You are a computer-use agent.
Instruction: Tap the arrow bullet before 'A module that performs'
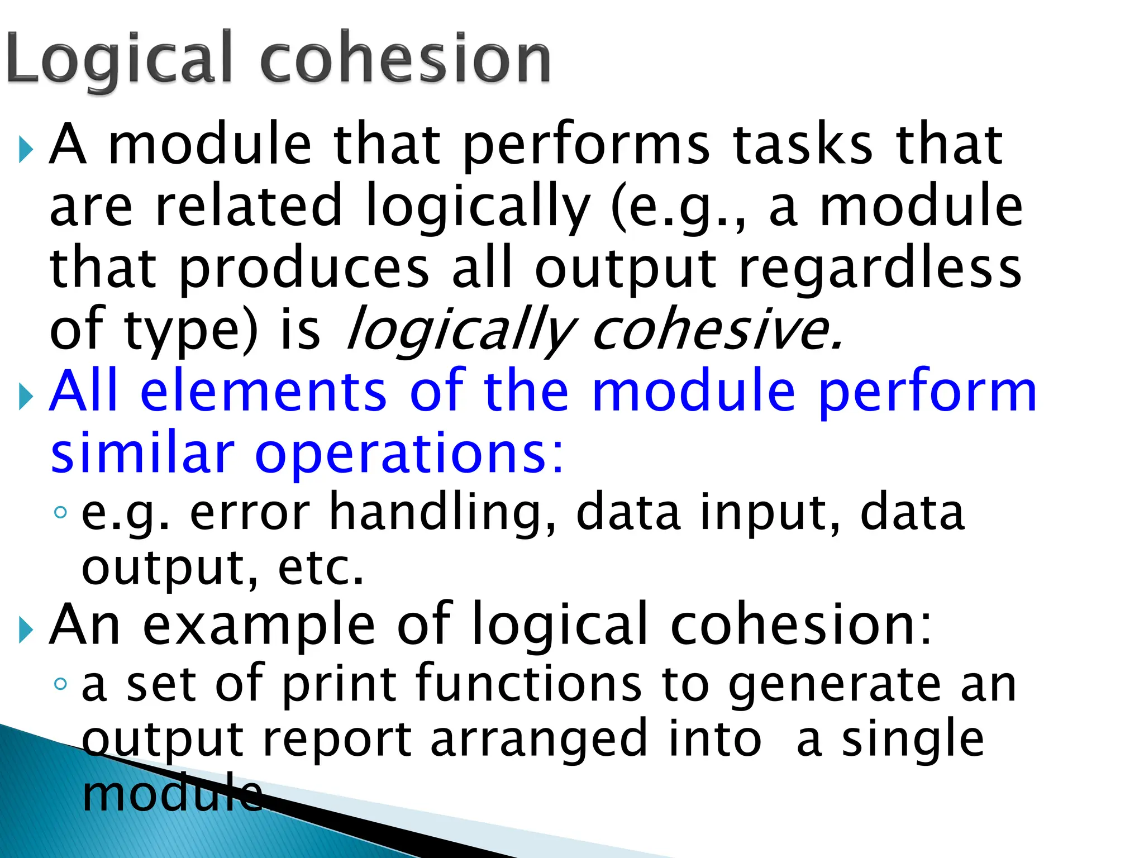(x=25, y=150)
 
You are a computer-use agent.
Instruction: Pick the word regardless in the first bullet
(x=880, y=269)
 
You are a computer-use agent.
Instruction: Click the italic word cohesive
(x=717, y=330)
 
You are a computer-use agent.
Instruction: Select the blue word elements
(x=263, y=391)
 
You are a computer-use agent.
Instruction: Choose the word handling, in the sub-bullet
(x=442, y=513)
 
